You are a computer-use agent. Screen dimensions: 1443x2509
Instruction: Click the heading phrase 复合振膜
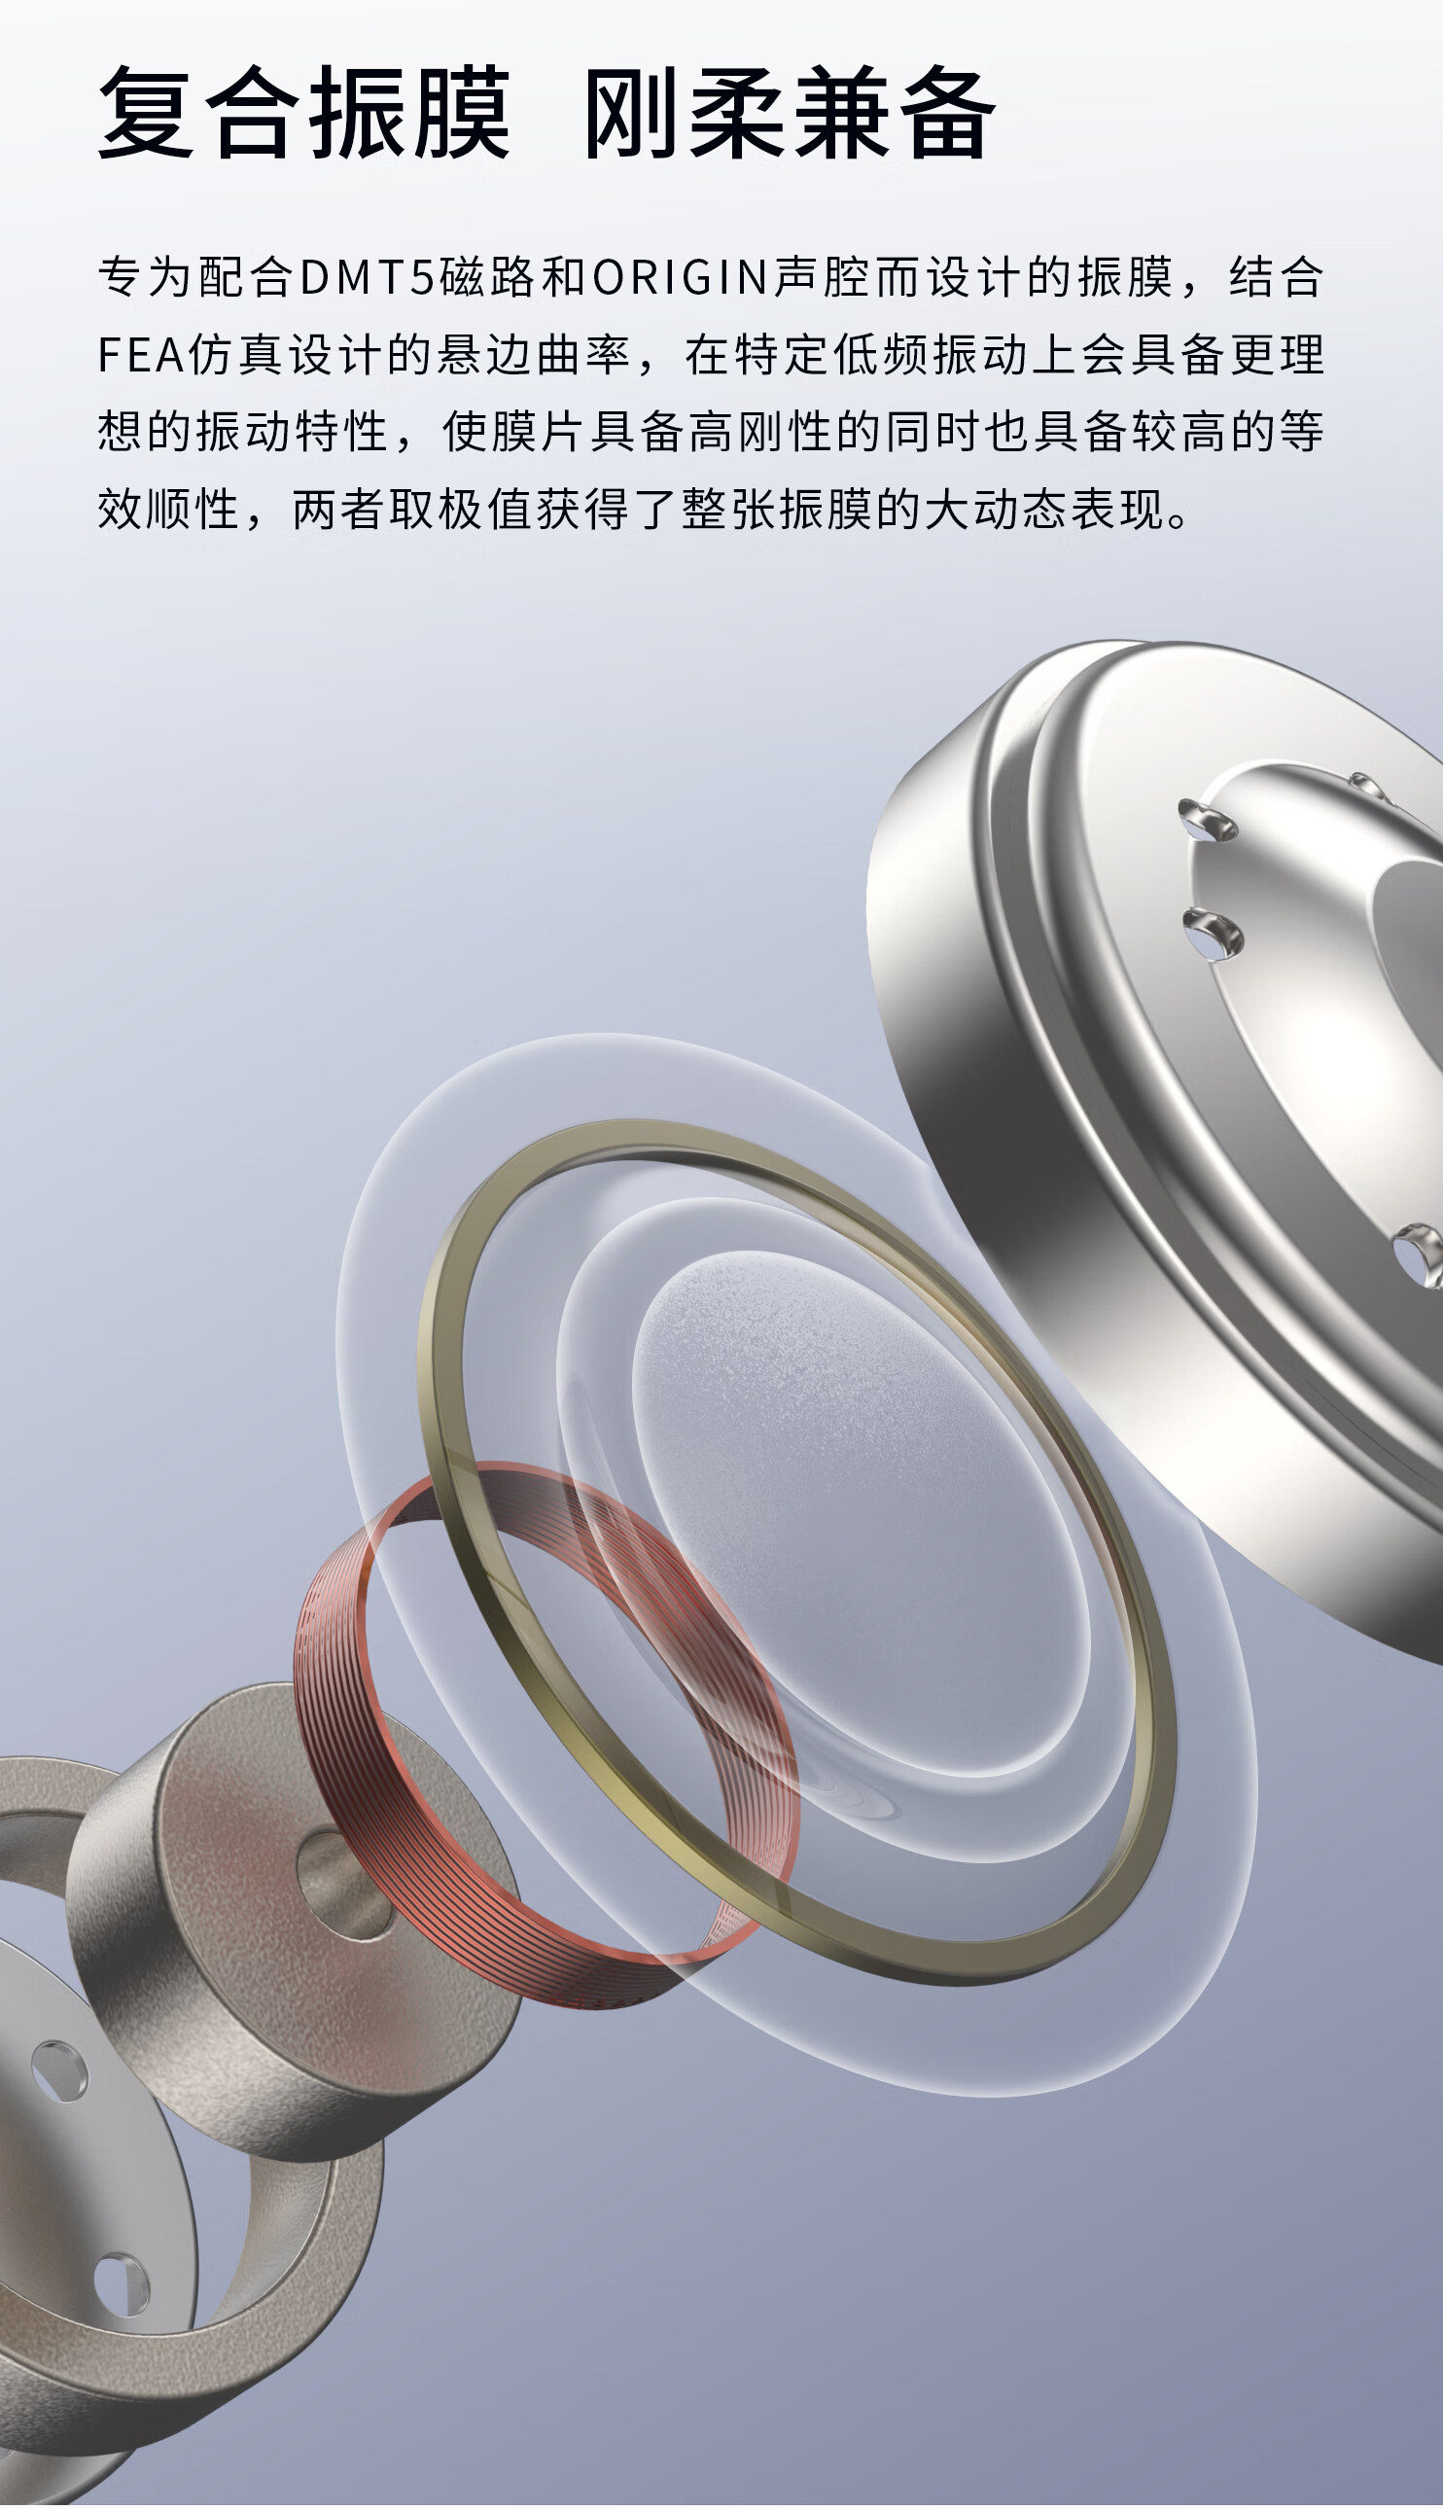[304, 113]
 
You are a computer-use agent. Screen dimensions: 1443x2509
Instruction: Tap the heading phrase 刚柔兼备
[790, 113]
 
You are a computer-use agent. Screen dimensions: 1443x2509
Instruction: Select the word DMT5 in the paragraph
[368, 277]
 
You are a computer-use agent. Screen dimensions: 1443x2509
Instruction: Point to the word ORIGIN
[681, 277]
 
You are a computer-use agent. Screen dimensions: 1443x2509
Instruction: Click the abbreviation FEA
[141, 356]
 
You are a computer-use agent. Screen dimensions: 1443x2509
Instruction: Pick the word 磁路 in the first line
[486, 277]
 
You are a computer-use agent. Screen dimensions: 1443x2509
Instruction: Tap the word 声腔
[822, 277]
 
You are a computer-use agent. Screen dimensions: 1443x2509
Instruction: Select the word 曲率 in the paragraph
[582, 356]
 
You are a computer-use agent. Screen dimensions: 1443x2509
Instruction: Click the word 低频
[881, 356]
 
